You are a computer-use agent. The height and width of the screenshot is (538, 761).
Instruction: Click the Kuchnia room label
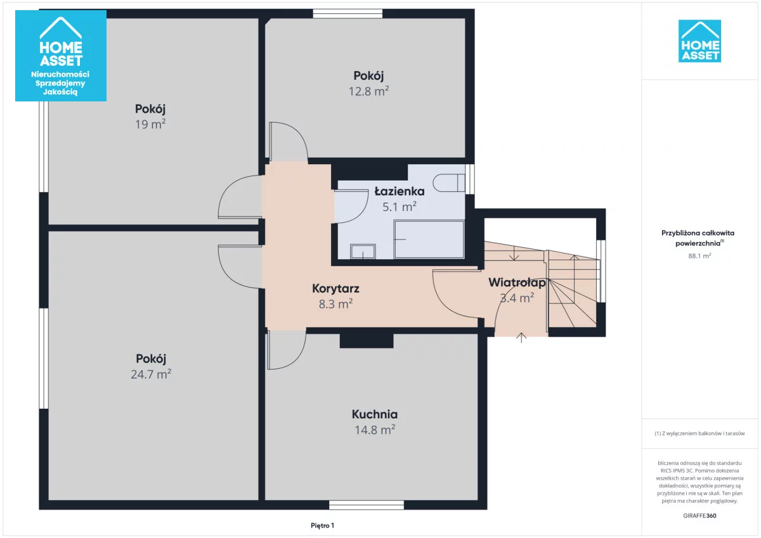point(375,414)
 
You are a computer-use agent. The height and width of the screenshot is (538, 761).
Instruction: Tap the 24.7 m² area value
point(151,374)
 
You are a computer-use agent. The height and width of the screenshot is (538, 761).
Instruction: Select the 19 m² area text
point(150,124)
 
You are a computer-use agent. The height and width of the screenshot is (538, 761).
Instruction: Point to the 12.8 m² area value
point(368,91)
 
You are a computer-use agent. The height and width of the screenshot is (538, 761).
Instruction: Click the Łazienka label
point(400,191)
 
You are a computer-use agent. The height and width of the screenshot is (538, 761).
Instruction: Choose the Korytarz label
point(335,288)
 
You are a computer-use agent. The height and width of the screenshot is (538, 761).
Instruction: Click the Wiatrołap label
point(517,283)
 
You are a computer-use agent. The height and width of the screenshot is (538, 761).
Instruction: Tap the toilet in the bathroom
point(449,183)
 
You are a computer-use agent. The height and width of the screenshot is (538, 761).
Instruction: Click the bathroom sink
point(363,252)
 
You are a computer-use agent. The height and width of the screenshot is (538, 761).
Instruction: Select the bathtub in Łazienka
point(429,240)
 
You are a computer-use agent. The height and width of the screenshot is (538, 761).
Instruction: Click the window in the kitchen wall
point(367,505)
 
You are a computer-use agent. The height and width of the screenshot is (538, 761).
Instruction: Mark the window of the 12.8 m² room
point(348,13)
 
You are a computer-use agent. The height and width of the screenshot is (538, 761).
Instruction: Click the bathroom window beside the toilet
point(470,179)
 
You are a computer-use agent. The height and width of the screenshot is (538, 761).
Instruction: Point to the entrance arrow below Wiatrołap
point(521,337)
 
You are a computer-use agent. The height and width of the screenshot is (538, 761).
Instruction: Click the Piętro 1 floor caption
point(322,525)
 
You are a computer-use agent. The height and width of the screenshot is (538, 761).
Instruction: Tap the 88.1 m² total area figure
point(699,256)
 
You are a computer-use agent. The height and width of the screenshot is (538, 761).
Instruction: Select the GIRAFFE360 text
point(699,516)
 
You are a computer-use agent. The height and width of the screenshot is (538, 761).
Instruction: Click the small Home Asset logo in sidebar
point(699,41)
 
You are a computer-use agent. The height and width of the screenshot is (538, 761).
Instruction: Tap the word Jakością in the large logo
point(60,92)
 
